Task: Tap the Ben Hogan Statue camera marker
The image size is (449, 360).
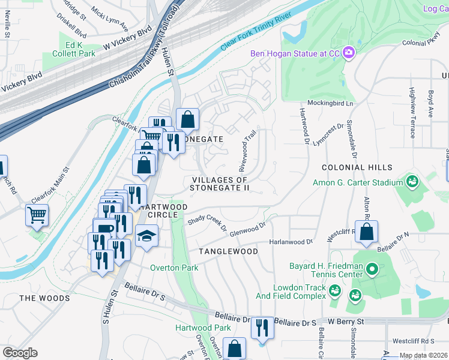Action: coord(348,53)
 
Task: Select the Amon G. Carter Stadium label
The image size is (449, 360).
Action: coord(358,182)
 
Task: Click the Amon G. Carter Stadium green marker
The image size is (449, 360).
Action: coord(412,181)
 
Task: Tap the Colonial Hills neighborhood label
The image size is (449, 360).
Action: coord(357,167)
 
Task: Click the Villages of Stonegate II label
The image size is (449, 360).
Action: coord(219,184)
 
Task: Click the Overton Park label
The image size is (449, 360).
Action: coord(174,268)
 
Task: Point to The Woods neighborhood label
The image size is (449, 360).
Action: coord(44,298)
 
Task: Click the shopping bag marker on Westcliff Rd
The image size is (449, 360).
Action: coord(366,232)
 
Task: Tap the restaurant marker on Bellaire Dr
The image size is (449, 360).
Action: coord(262,328)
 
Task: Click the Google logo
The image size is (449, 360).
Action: coord(20,353)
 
